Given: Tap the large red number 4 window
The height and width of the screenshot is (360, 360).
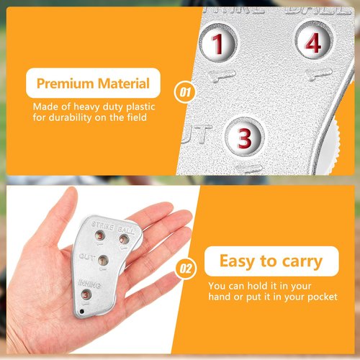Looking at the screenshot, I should (311, 43).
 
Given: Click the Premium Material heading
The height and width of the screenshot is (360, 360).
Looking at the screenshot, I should (93, 84).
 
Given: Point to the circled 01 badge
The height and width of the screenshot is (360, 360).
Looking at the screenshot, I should (185, 93).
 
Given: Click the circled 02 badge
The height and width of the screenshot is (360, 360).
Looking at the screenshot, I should (186, 270).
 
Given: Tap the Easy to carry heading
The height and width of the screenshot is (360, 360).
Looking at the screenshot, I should (271, 261).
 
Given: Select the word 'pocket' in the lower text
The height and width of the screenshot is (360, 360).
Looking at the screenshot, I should (320, 297).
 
